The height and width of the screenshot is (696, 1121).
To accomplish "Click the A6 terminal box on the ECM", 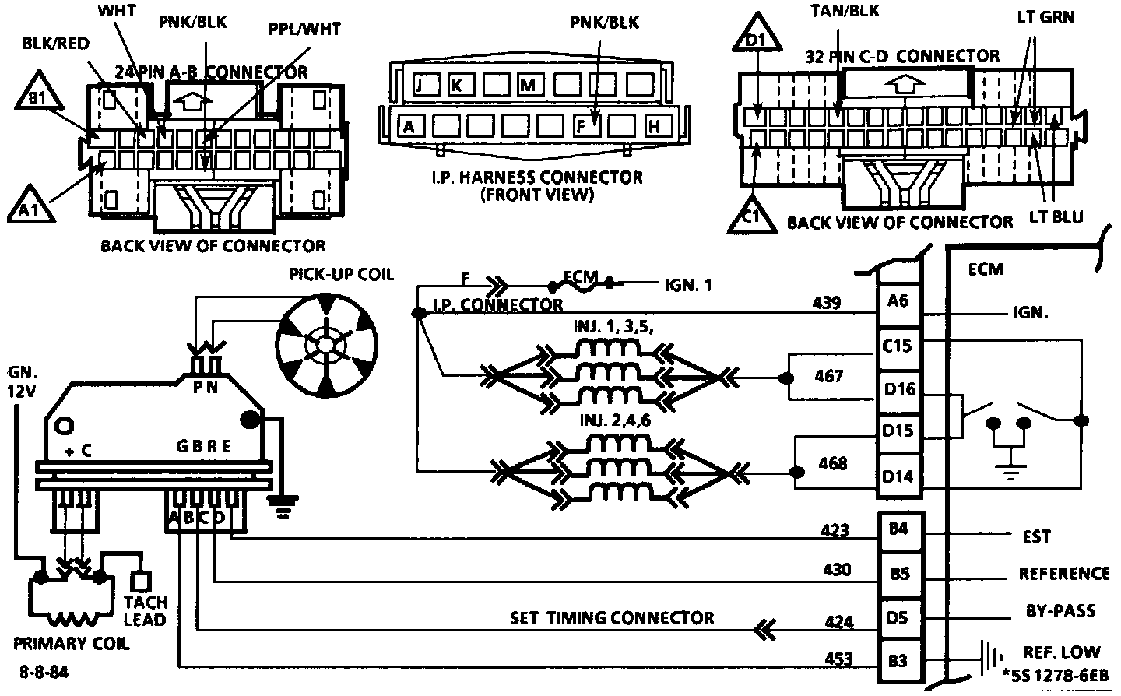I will pos(899,301).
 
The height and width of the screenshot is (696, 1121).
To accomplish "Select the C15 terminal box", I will pos(899,344).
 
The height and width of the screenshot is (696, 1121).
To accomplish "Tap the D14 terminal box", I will pos(899,476).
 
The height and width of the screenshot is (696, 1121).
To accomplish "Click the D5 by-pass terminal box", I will pos(899,618).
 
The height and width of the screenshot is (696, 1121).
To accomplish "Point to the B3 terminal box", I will pos(899,661).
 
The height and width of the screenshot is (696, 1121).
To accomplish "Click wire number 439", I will pos(826,302).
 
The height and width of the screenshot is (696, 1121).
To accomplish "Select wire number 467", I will pos(828,376).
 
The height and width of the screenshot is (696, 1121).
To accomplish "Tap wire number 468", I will pos(833,464).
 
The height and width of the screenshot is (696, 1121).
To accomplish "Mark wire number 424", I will pos(838,622).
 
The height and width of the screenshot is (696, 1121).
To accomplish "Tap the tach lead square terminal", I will pos(141,581).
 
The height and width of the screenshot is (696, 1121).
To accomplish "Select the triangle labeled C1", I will pos(751,216).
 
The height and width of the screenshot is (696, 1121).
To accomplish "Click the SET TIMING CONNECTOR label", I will pos(612,618).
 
